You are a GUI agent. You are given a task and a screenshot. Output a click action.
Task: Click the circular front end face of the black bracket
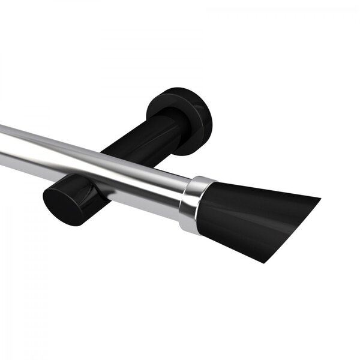click(61, 201)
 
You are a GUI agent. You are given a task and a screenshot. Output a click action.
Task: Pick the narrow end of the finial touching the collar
click(206, 207)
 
